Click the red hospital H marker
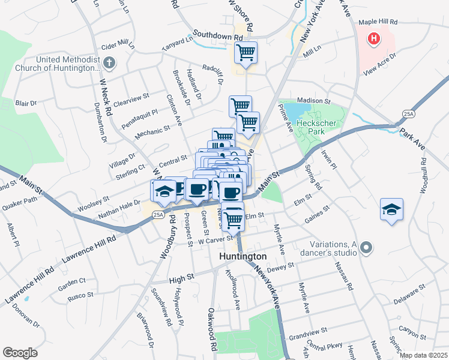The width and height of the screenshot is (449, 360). coord(375,40)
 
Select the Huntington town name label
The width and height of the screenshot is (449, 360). coord(242,256)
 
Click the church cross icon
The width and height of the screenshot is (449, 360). coord(109,62)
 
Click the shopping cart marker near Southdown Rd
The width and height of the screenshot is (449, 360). coord(246,53)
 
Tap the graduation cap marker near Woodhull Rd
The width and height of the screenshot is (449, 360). coord(391,210)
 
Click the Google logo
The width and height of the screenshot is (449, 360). coord(20,352)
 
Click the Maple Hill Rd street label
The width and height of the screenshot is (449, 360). coord(378,22)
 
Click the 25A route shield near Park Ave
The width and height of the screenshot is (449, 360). coord(409,113)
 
